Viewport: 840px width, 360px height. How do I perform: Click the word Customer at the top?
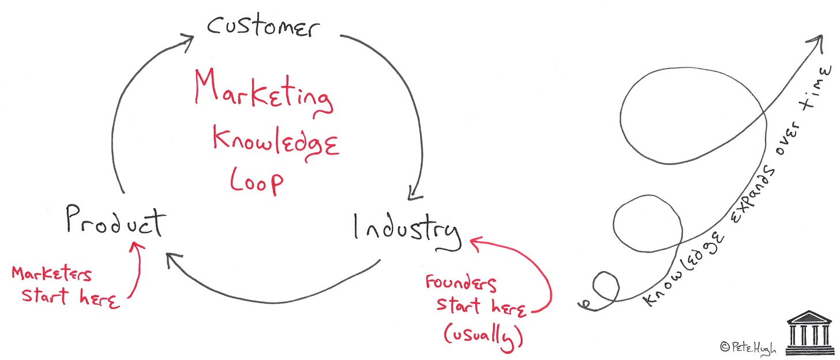[262, 26]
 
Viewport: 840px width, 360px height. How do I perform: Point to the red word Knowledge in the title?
[276, 141]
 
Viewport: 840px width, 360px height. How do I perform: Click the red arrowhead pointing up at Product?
[137, 247]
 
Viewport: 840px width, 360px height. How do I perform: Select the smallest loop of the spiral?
[605, 286]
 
